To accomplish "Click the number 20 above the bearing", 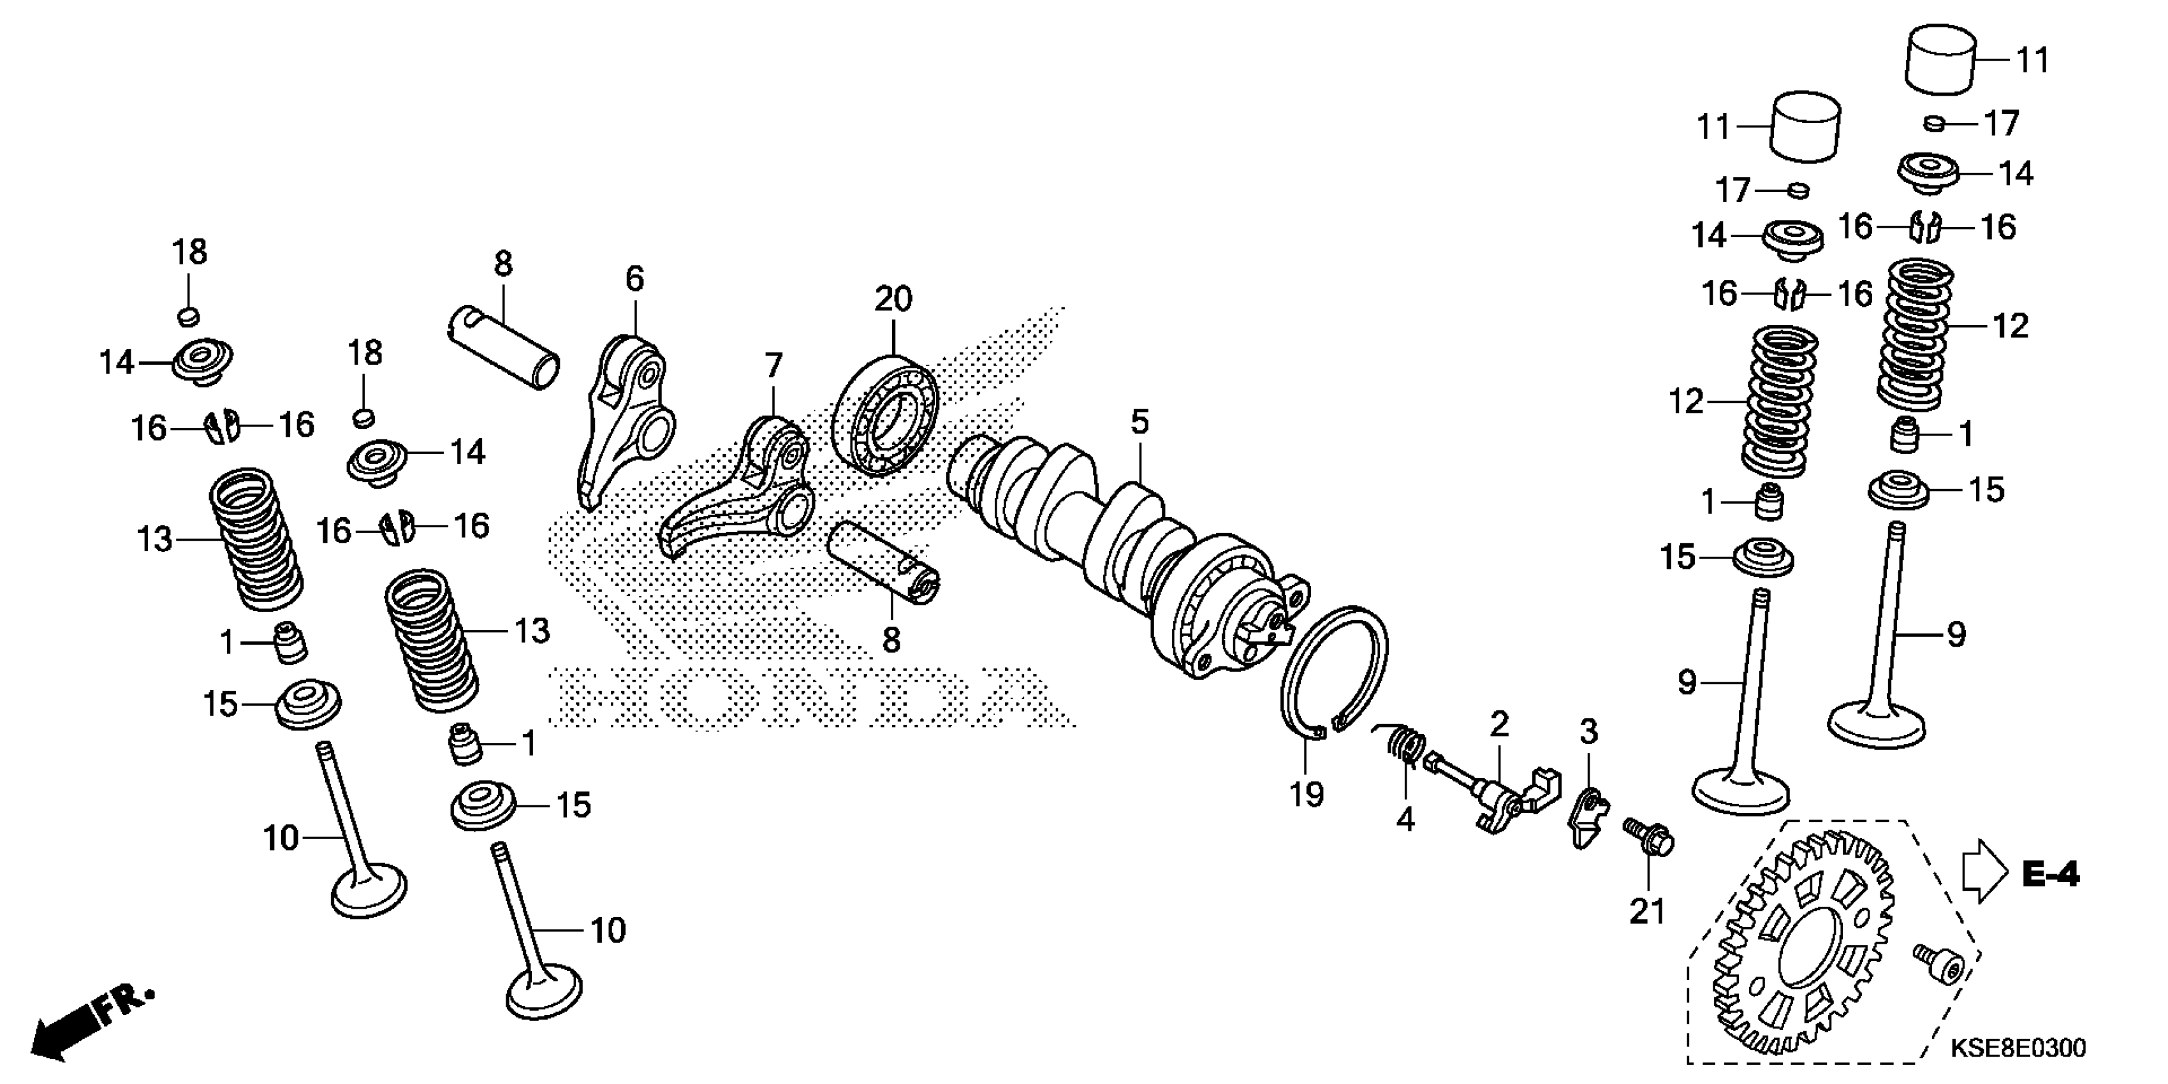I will (893, 299).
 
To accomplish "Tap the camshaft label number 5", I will (1139, 421).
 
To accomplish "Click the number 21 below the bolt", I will (1647, 911).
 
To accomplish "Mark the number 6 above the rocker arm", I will (634, 279).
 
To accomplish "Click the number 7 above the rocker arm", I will (773, 365).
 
